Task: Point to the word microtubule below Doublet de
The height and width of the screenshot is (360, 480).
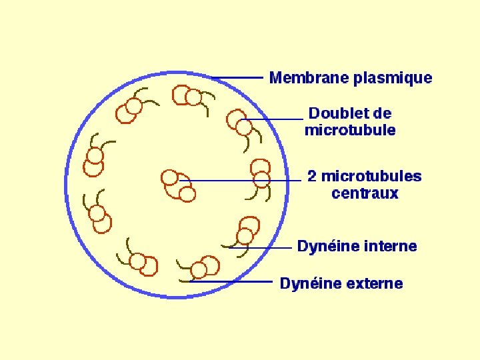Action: point(350,130)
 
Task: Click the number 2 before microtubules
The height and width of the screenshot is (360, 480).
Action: point(311,177)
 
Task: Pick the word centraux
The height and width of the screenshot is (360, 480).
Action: point(365,194)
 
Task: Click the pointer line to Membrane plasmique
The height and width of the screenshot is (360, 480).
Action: point(237,78)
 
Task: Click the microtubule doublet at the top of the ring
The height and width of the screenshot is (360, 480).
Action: point(187,96)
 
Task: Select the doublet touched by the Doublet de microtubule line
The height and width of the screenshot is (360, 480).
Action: point(239,123)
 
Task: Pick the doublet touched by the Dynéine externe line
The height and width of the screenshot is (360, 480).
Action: point(204,268)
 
